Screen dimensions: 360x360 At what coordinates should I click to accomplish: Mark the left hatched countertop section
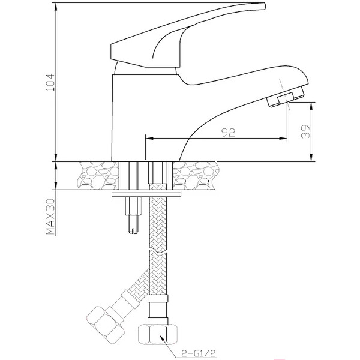(x=97, y=176)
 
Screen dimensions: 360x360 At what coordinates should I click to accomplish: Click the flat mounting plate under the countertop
(x=147, y=193)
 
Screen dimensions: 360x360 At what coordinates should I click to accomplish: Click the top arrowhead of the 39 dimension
(x=311, y=106)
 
